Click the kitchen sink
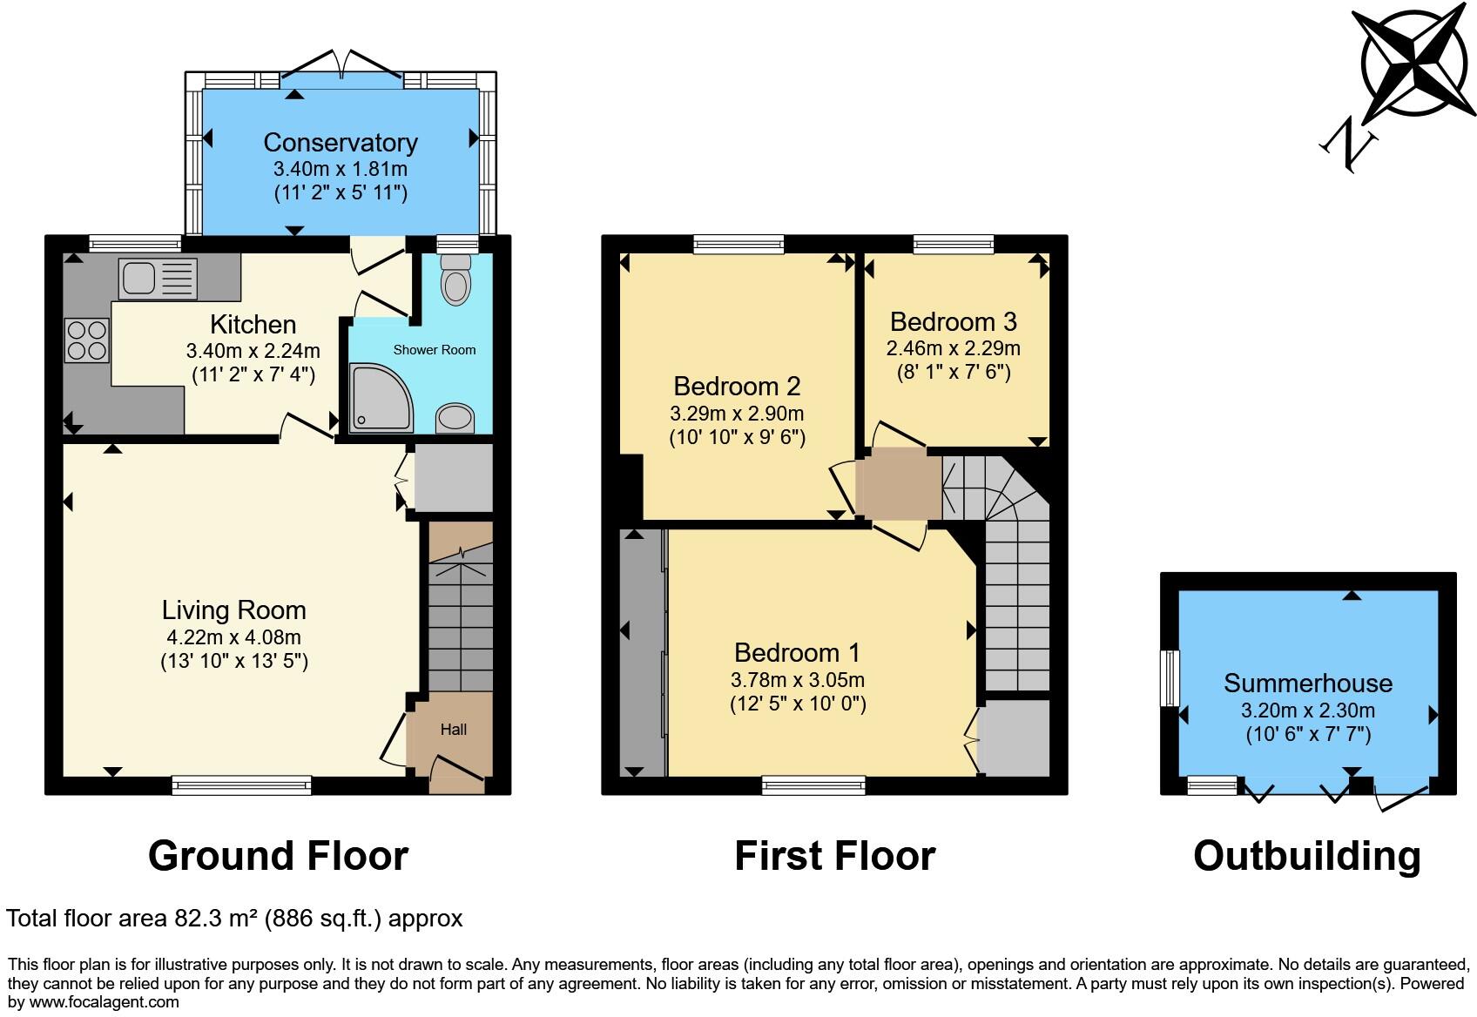click(x=158, y=279)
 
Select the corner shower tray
click(x=380, y=399)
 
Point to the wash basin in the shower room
click(x=455, y=418)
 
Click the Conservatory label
click(x=341, y=142)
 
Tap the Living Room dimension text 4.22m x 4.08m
click(x=233, y=636)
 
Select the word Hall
click(x=453, y=730)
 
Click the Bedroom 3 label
click(x=954, y=322)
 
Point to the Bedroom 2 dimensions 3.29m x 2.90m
click(x=737, y=414)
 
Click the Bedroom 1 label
click(x=797, y=652)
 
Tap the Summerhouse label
click(x=1308, y=683)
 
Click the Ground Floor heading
click(x=278, y=856)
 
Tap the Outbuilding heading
click(x=1306, y=856)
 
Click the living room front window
click(x=241, y=786)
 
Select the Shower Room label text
click(x=435, y=350)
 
